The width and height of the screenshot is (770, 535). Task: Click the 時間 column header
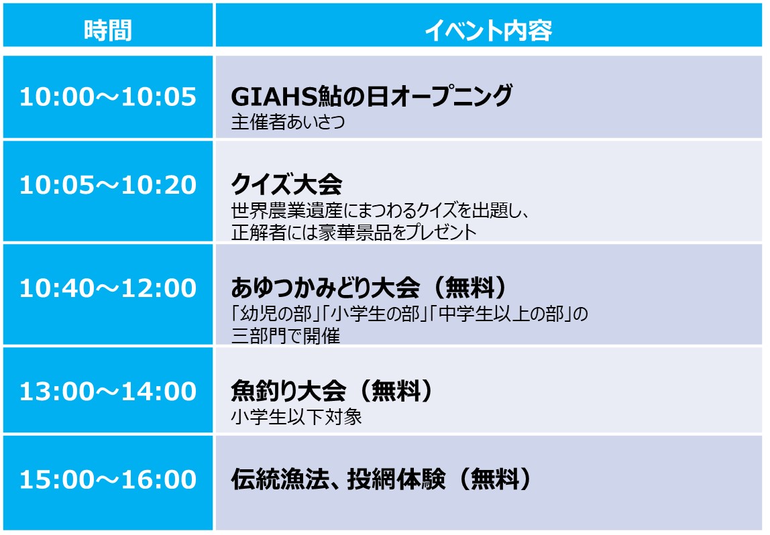pos(107,30)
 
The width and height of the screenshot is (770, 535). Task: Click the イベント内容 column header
pos(488,30)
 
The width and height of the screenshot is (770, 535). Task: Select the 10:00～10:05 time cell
pos(108,97)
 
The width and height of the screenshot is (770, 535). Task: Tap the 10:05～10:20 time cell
pos(108,185)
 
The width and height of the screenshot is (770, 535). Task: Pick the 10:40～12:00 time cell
pos(108,288)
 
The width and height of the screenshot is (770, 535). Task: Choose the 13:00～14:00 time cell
pos(108,391)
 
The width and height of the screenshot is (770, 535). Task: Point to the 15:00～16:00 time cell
pos(108,479)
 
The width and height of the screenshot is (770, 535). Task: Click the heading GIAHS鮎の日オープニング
pos(372,96)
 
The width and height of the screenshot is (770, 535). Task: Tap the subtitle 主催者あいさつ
pos(288,122)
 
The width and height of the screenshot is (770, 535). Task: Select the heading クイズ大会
pos(286,184)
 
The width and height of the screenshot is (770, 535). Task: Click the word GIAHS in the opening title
pos(274,96)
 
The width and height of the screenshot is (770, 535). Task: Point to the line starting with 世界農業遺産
pos(380,211)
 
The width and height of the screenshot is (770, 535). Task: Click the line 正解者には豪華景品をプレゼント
pos(353,232)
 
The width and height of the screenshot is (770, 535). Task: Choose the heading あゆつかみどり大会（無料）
pos(369,288)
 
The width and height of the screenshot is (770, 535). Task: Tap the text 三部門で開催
pos(285,336)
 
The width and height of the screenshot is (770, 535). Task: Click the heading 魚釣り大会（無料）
pos(332,391)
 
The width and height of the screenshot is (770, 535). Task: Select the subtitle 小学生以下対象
pos(296,417)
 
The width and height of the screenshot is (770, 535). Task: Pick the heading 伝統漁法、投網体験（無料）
pos(382,479)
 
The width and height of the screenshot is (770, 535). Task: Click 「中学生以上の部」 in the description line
pos(502,314)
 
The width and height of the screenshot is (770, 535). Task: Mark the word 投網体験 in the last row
pos(396,479)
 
